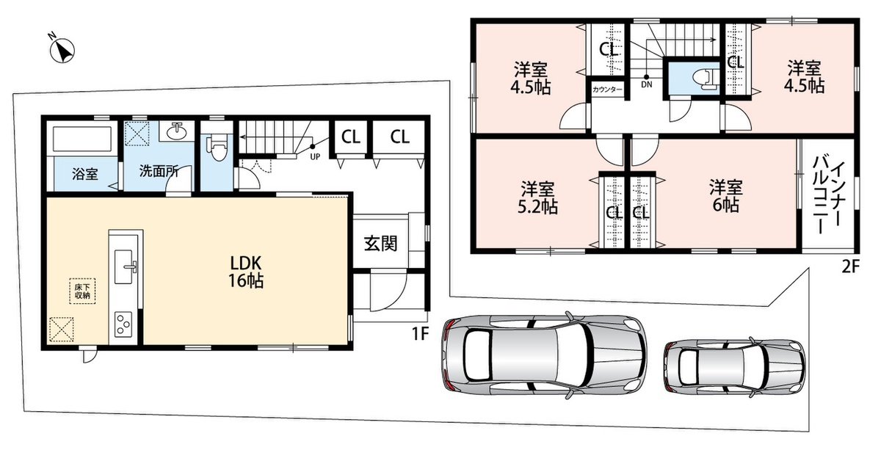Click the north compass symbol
[62, 50]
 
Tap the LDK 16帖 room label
[246, 272]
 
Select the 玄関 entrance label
[380, 244]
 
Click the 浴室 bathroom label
[85, 173]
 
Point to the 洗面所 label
[159, 172]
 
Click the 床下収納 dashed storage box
[82, 291]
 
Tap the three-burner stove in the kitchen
[123, 324]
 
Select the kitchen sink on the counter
[125, 266]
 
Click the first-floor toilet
[217, 148]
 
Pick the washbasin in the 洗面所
[177, 131]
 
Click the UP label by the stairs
[315, 156]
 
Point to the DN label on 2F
[647, 84]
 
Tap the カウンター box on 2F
[607, 90]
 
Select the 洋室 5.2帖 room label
[537, 197]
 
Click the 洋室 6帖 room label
[726, 196]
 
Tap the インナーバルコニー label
[828, 195]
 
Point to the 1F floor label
[420, 334]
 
